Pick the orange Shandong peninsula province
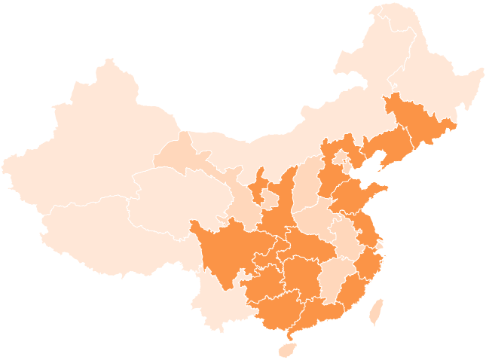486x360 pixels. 354,196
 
